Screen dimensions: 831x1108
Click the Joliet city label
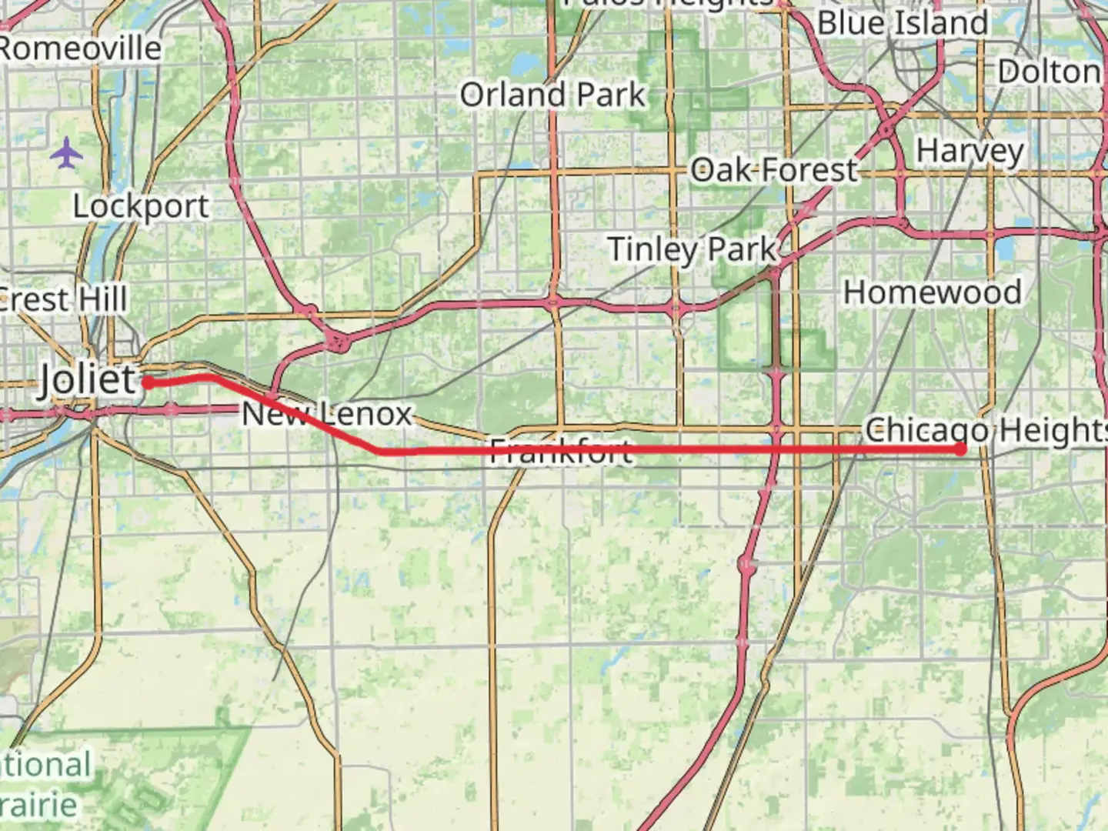point(87,379)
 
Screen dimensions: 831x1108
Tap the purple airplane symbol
point(67,153)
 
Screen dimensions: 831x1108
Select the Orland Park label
point(552,95)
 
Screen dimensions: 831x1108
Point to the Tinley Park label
point(692,249)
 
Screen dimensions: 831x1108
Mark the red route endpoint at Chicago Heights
point(960,449)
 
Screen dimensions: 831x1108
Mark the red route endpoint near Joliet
point(147,382)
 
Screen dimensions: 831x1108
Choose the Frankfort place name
point(562,451)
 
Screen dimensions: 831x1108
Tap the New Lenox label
point(327,414)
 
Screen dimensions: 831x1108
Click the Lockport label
point(141,206)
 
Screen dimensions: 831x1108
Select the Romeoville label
point(79,48)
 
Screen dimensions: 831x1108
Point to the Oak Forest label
point(773,170)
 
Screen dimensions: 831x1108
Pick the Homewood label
point(932,292)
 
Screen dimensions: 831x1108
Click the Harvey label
point(969,151)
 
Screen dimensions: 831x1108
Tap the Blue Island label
point(902,23)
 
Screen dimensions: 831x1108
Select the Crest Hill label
point(63,299)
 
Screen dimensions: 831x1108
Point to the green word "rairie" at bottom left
point(38,806)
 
